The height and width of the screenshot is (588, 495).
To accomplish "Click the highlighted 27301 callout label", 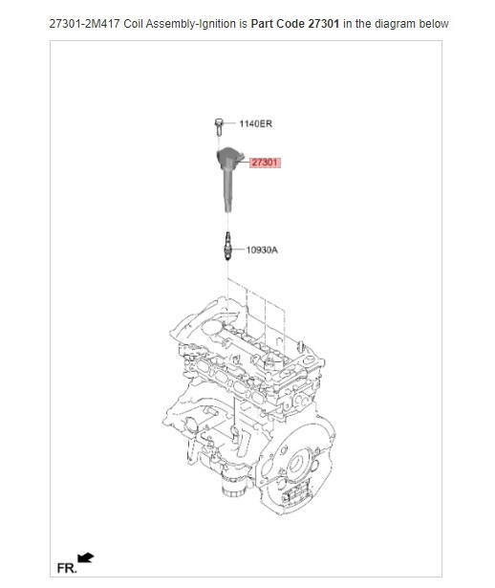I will (x=265, y=163).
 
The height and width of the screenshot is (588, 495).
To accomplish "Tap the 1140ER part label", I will (x=255, y=124).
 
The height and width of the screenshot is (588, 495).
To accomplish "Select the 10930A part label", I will (x=262, y=250).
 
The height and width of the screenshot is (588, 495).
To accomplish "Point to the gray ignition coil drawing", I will (x=229, y=178).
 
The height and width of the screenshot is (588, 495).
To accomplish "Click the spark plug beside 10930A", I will (x=227, y=248).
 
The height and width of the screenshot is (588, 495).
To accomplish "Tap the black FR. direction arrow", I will (x=85, y=557).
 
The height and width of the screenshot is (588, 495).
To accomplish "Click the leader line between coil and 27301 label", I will (x=246, y=163).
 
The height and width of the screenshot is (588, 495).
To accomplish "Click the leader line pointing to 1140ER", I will (x=230, y=124).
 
